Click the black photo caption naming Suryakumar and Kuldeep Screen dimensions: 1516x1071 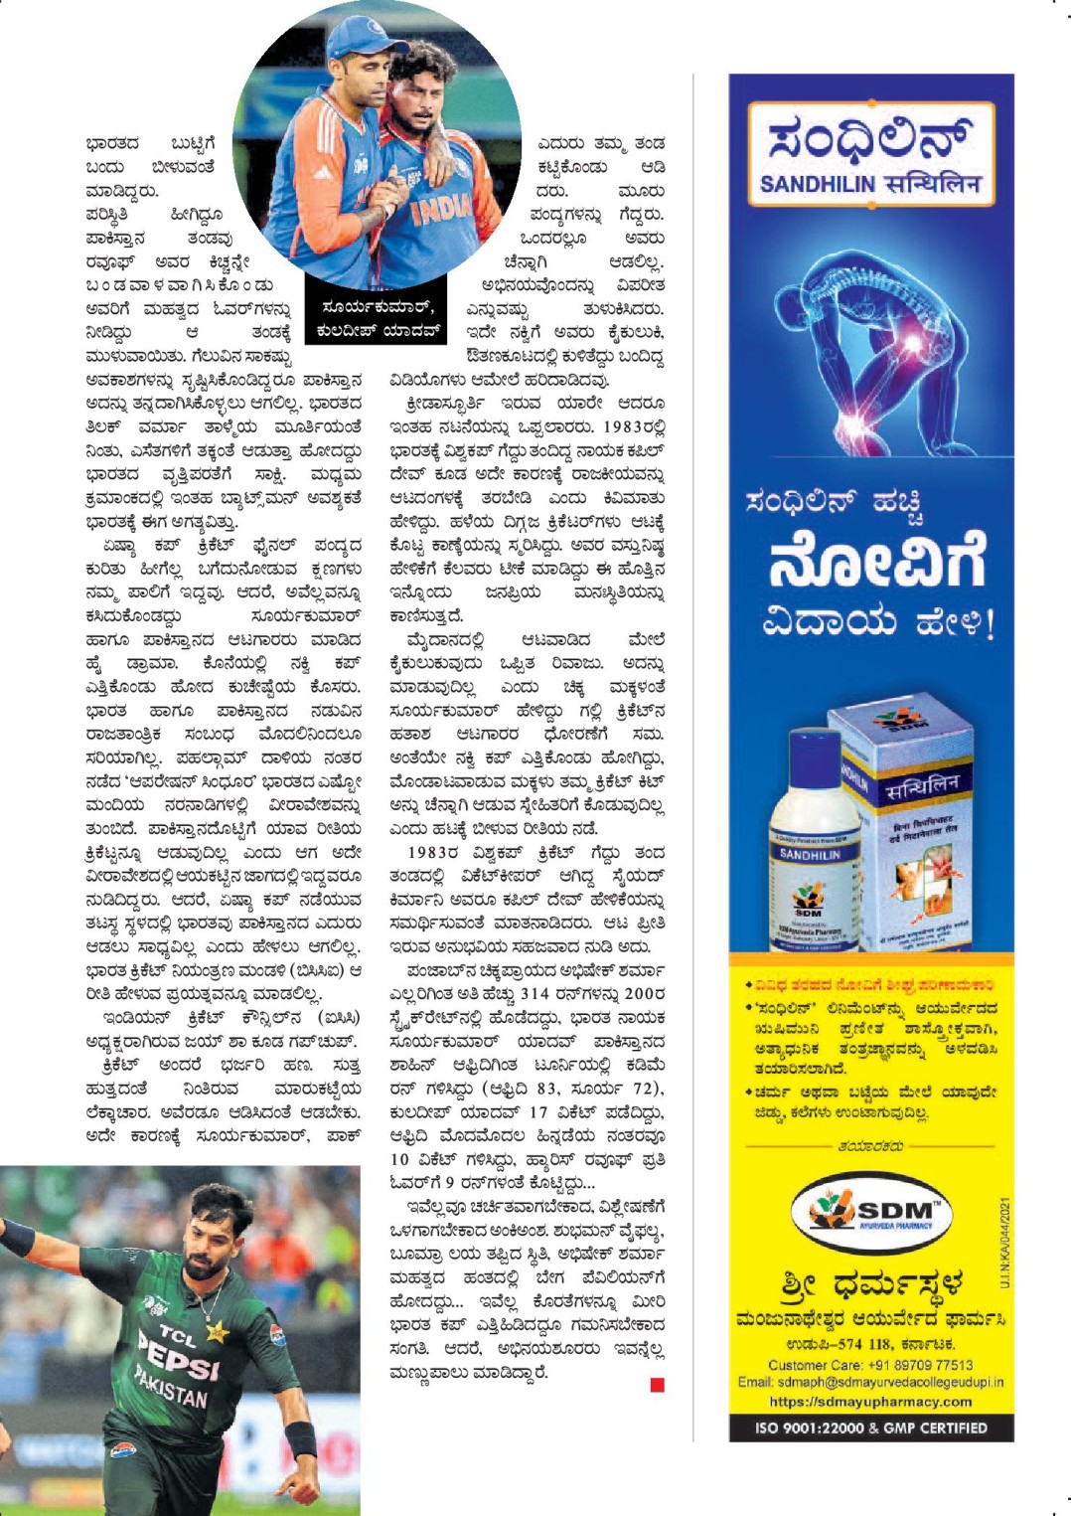378,319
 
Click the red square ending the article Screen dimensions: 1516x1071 657,1385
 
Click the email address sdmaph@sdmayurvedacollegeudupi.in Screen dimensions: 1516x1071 870,1382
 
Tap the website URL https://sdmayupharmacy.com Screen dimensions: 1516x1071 870,1401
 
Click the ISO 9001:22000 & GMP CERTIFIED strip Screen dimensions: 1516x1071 870,1428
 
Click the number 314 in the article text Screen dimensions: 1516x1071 535,994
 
